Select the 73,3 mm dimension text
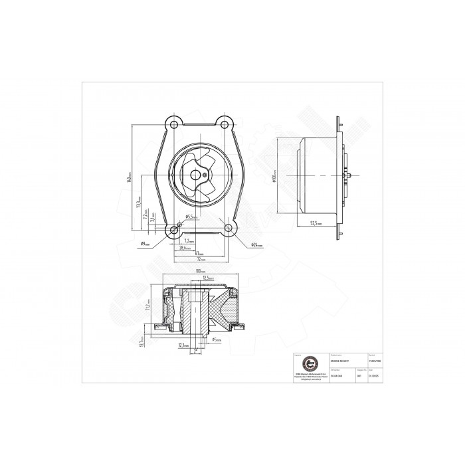click(138, 201)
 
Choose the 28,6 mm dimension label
click(185, 247)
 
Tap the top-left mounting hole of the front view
click(173, 124)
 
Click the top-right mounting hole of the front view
click(226, 124)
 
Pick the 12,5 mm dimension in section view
click(207, 277)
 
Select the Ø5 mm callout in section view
click(216, 339)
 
